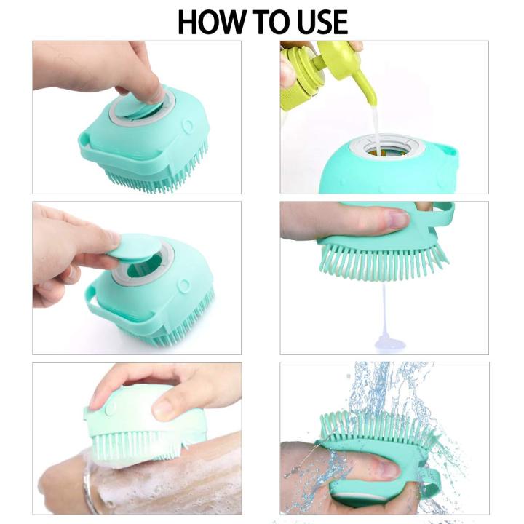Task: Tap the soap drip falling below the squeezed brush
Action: (384, 320)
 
